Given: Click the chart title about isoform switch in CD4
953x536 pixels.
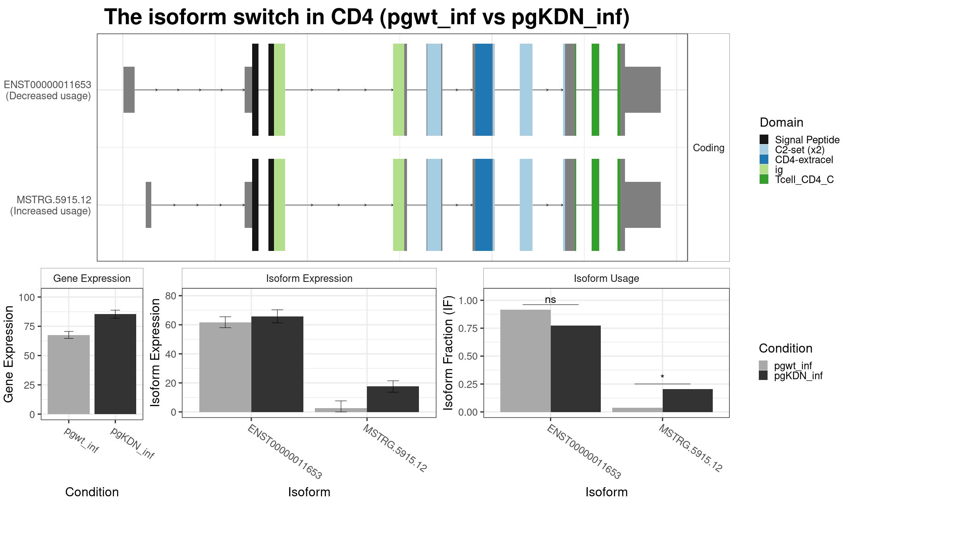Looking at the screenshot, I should point(367,17).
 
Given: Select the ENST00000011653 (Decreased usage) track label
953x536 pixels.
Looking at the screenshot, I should point(48,90).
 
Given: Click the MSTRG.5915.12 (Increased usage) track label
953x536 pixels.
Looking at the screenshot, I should point(50,205).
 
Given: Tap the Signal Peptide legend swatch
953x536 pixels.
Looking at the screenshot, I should point(764,139).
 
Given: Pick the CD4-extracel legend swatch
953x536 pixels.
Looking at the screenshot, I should point(764,159).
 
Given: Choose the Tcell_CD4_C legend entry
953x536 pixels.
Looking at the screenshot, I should point(804,179).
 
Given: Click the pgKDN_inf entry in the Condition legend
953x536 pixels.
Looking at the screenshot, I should point(798,376).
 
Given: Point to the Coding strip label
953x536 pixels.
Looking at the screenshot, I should point(708,148).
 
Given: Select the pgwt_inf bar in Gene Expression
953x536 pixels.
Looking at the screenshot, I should point(69,374).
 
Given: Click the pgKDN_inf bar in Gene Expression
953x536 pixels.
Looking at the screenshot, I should point(115,364).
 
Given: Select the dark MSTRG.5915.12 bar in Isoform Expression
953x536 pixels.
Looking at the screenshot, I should point(393,399).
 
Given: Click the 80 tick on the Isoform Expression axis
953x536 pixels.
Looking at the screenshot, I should point(171,296).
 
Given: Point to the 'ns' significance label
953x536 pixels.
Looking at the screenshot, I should point(550,300).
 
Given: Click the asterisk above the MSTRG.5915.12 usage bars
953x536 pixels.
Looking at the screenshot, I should point(662,377).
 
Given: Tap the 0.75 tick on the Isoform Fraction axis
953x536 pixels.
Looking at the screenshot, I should point(468,328).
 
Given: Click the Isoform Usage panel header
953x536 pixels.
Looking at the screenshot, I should point(606,278).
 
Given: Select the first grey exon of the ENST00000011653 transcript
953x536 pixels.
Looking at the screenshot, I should point(129,90).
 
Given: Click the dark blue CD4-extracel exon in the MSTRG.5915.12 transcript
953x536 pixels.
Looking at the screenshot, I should point(484,205).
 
